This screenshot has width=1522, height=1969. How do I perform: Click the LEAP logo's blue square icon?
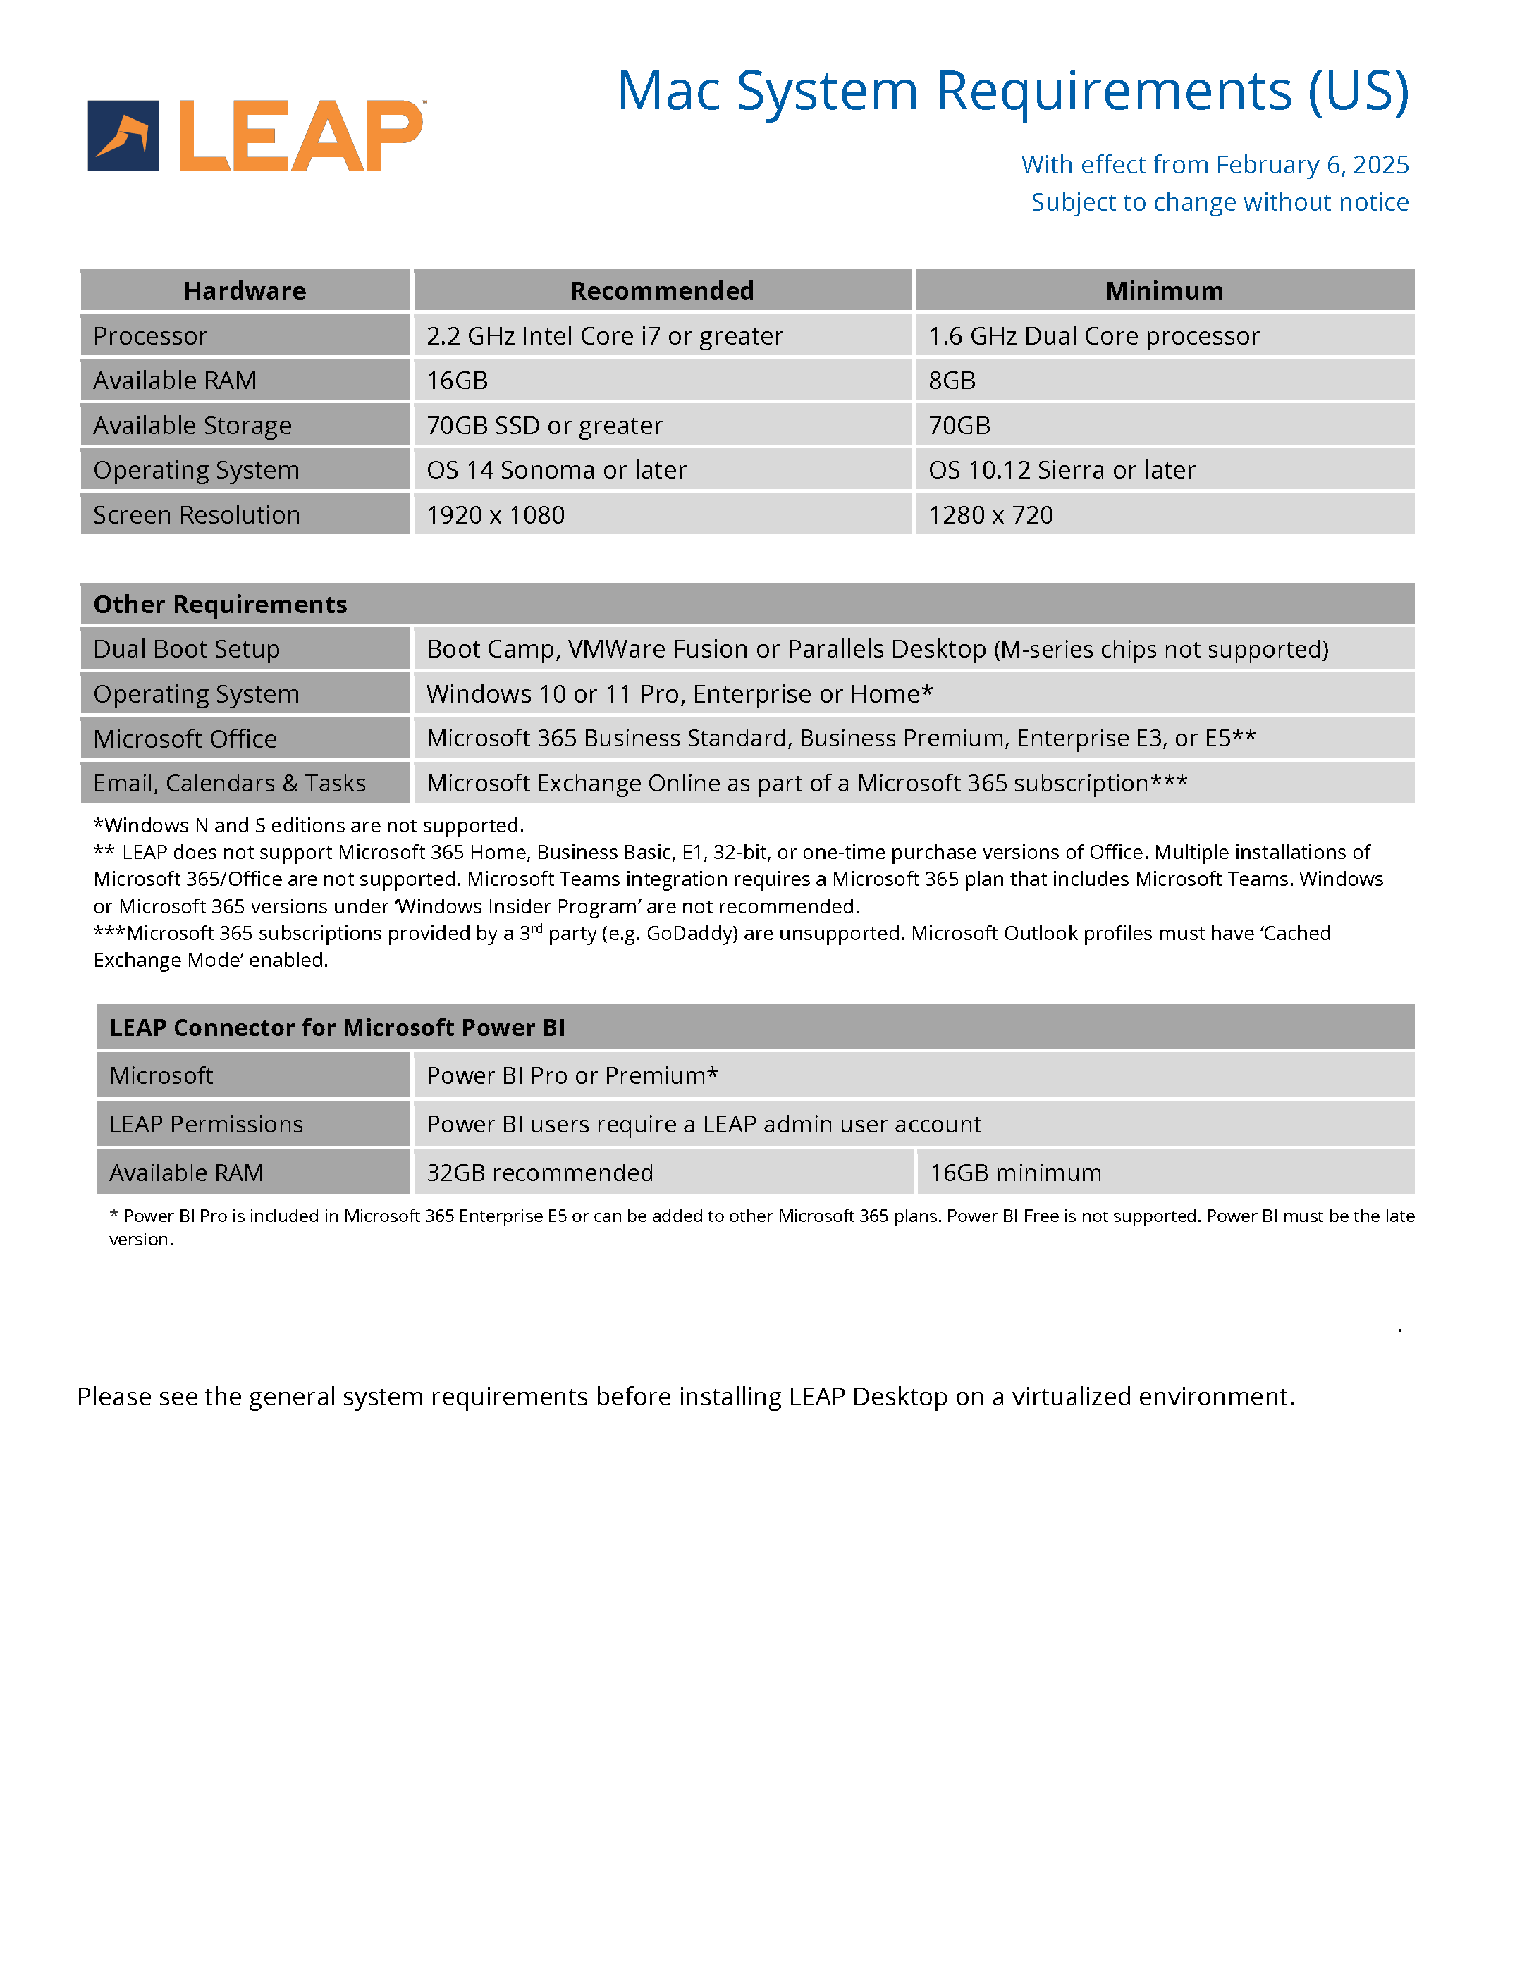click(123, 136)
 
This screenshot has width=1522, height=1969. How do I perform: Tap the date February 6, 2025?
click(1312, 165)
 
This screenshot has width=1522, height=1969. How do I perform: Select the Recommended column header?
click(662, 290)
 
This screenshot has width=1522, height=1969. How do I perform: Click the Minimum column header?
click(1164, 290)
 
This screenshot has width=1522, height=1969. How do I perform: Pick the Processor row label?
click(151, 335)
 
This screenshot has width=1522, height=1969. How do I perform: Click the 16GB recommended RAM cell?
click(457, 381)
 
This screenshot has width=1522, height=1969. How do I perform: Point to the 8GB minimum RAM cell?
click(952, 381)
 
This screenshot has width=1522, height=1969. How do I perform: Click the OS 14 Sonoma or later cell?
click(556, 470)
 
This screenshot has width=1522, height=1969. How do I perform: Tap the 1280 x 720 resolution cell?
click(991, 514)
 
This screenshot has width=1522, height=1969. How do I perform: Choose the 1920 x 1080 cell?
click(495, 514)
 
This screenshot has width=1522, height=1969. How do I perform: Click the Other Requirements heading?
click(220, 604)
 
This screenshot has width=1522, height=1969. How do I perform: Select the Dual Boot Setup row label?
click(187, 649)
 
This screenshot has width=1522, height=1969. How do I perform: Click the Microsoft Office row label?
click(185, 739)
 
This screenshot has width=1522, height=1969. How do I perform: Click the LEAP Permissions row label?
click(206, 1124)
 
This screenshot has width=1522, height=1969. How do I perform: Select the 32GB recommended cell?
click(539, 1173)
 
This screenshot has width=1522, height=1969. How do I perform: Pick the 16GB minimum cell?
click(1015, 1173)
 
